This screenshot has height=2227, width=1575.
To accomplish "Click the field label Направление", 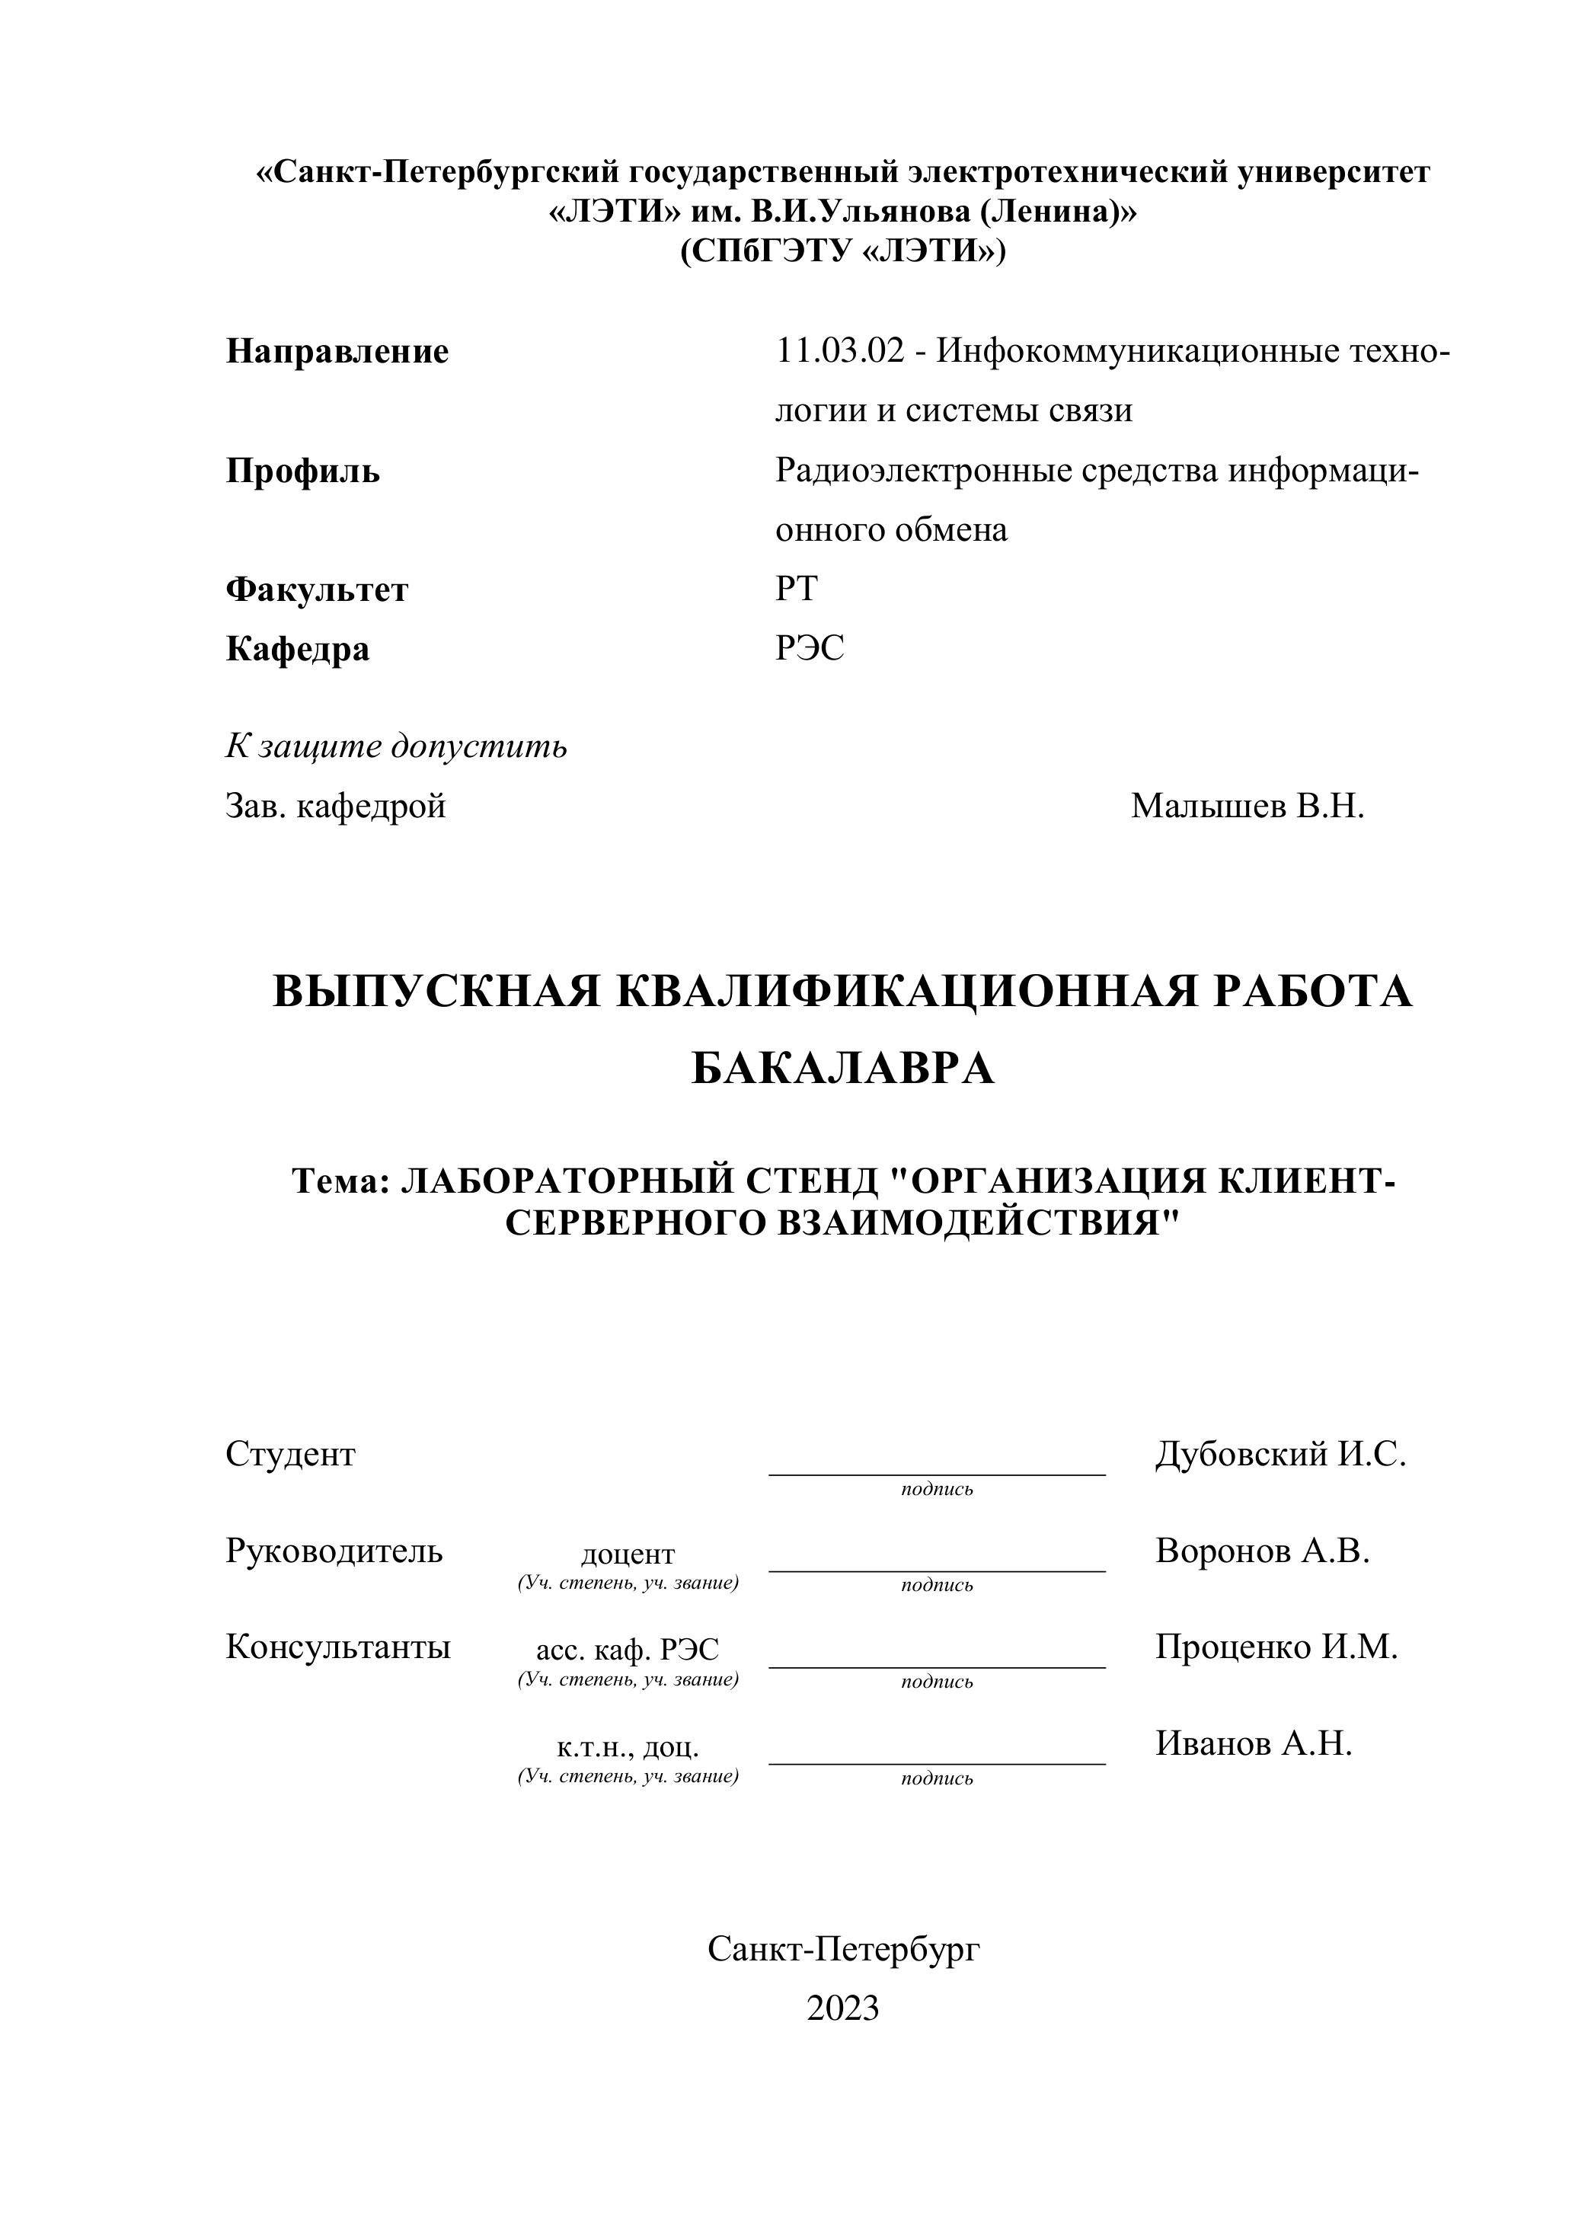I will [x=337, y=351].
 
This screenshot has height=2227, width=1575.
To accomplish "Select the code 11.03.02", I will [x=840, y=350].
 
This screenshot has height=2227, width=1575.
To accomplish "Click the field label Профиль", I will [x=302, y=471].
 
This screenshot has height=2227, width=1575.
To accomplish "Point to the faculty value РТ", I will [x=796, y=589].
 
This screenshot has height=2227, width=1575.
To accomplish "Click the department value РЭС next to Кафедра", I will [x=810, y=648].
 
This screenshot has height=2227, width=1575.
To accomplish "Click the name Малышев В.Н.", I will [x=1248, y=806].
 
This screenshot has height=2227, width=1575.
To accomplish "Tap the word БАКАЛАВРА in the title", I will [x=843, y=1069].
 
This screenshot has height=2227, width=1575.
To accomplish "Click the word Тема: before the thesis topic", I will [x=340, y=1181].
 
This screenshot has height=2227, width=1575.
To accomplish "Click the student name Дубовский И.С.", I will [x=1280, y=1454].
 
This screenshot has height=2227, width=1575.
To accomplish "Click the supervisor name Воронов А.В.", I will [x=1263, y=1551].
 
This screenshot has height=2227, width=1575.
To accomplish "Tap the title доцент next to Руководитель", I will [x=628, y=1554].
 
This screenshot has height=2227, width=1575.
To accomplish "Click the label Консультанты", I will [x=337, y=1647].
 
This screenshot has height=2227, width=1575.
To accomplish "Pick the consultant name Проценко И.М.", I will [x=1276, y=1647].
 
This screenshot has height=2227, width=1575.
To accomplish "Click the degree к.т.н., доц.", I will [x=628, y=1748].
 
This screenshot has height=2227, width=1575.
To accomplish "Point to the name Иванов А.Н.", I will [x=1253, y=1744].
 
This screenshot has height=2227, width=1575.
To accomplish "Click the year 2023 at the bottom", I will [x=843, y=2008].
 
